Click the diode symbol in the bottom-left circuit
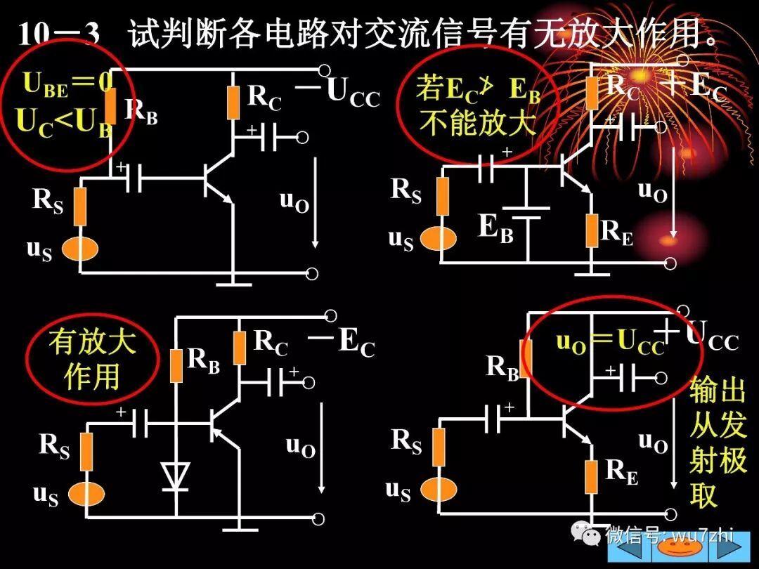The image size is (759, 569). [x=174, y=475]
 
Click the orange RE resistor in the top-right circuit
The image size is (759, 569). [x=592, y=230]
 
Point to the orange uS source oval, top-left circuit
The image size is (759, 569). [x=79, y=249]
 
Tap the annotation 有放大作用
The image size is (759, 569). [x=91, y=360]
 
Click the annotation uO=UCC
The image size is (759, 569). [x=610, y=341]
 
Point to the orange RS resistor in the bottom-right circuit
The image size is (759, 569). [x=439, y=447]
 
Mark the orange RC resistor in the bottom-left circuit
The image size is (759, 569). [x=240, y=348]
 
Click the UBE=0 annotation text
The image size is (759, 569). [x=68, y=84]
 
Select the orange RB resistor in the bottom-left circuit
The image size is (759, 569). [x=177, y=365]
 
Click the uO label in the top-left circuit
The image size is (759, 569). [x=294, y=200]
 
